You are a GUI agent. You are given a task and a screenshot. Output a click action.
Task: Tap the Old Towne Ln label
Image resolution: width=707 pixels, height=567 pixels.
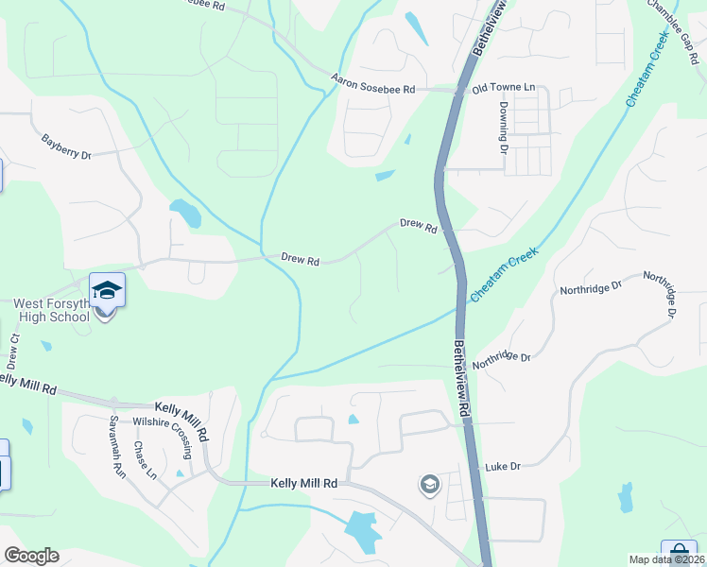[503, 88]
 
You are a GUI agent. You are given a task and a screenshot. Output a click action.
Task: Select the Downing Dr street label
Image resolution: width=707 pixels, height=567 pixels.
[504, 129]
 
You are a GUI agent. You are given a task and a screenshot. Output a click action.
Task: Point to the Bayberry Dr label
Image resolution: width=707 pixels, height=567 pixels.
[66, 146]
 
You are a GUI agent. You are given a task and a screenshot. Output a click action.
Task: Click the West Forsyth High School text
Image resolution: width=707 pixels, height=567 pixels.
[52, 310]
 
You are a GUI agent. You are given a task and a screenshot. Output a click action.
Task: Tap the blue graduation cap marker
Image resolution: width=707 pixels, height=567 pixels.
[107, 289]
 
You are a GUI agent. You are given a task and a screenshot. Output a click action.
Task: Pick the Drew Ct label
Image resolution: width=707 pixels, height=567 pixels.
[13, 351]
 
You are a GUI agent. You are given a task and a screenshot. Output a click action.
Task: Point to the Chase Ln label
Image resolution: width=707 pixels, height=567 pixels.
[145, 460]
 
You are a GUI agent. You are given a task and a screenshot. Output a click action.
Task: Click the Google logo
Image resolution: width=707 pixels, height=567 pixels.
[31, 556]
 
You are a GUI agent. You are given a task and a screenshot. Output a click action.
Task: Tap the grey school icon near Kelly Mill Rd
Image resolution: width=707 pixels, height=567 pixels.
[430, 485]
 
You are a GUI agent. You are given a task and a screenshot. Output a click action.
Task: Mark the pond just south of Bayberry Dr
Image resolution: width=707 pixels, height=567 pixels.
[184, 213]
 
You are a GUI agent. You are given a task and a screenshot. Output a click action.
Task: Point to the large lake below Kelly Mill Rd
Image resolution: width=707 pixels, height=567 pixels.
[362, 531]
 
